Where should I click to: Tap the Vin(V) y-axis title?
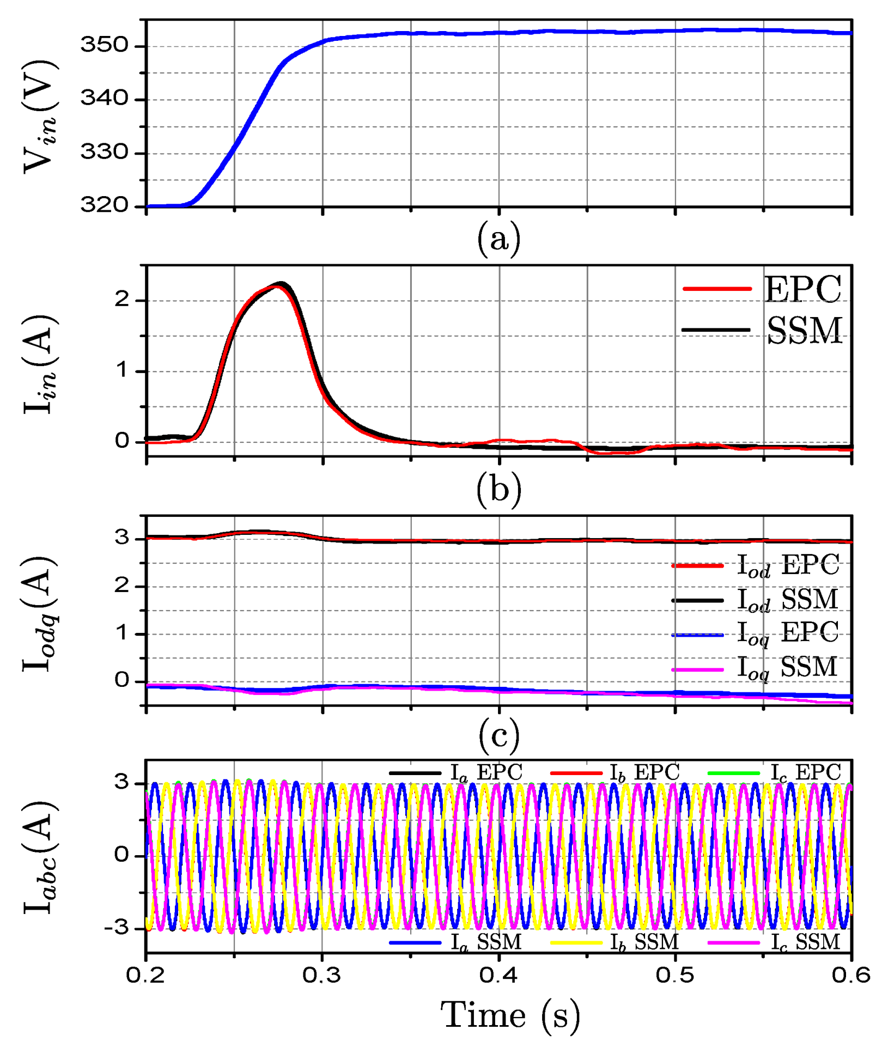[x=41, y=117]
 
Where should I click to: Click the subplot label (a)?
[x=498, y=239]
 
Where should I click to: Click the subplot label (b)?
[x=498, y=489]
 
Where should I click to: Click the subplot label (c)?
[x=498, y=735]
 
